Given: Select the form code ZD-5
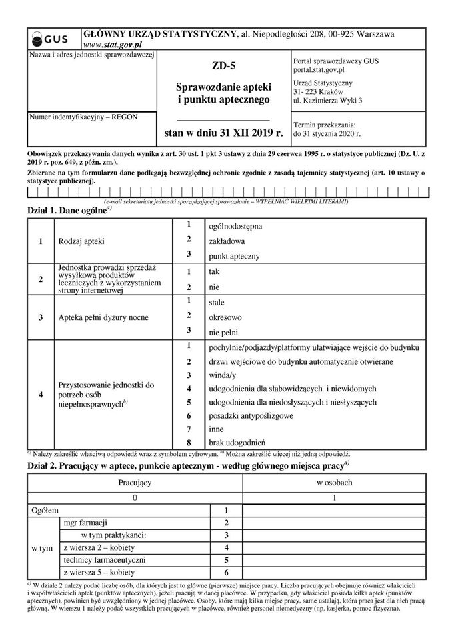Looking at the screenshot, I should click(222, 65).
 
